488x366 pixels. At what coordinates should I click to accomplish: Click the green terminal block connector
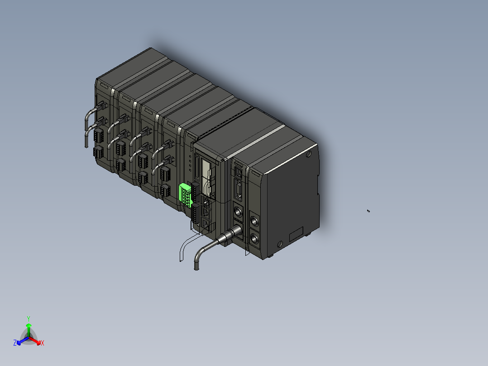[x=185, y=194]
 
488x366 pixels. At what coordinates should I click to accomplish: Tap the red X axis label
[x=43, y=343]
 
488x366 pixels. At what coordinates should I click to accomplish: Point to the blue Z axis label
[x=15, y=343]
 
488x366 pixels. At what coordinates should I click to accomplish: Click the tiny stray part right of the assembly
[x=368, y=211]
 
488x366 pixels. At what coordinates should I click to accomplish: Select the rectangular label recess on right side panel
[x=296, y=234]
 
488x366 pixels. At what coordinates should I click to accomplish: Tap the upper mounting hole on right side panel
[x=309, y=155]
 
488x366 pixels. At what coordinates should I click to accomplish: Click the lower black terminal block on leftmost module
[x=98, y=152]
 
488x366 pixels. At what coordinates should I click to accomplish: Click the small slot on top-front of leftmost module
[x=104, y=84]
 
